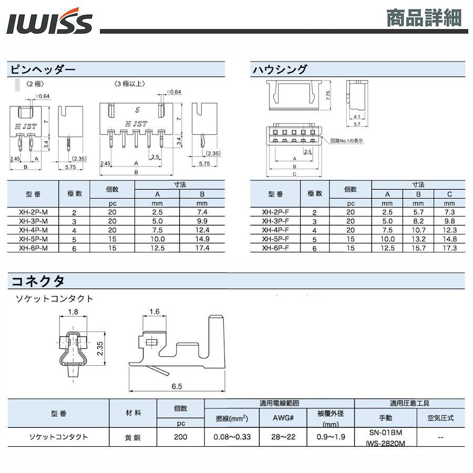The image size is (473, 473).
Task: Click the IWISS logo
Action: coord(49,21)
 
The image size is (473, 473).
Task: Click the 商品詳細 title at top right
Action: coord(424,18)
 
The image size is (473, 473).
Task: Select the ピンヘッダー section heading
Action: coord(43,70)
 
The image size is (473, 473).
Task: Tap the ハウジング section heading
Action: coord(280,70)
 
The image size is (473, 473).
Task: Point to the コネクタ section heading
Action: coord(38,281)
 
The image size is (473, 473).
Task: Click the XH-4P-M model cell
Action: coord(33,230)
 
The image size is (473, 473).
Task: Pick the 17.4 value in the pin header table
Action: coord(202,248)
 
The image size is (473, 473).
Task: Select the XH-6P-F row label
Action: coord(275,248)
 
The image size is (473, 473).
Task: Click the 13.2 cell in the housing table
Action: coord(418,239)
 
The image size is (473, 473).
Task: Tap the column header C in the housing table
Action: coord(449,194)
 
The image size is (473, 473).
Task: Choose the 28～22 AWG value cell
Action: coord(283,437)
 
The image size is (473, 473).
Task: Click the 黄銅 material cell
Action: coord(133,437)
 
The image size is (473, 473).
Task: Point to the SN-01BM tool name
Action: coord(386,433)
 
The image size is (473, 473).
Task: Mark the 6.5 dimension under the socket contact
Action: coord(177,386)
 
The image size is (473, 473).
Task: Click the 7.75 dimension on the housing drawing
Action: coord(328,95)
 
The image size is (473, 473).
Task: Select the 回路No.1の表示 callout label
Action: coord(347,140)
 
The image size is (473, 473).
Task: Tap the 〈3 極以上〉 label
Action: coord(130,84)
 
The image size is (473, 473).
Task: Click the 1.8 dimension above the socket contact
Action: coord(73,312)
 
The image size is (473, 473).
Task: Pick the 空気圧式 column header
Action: coord(440,418)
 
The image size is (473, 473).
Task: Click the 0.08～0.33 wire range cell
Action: coord(232,437)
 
